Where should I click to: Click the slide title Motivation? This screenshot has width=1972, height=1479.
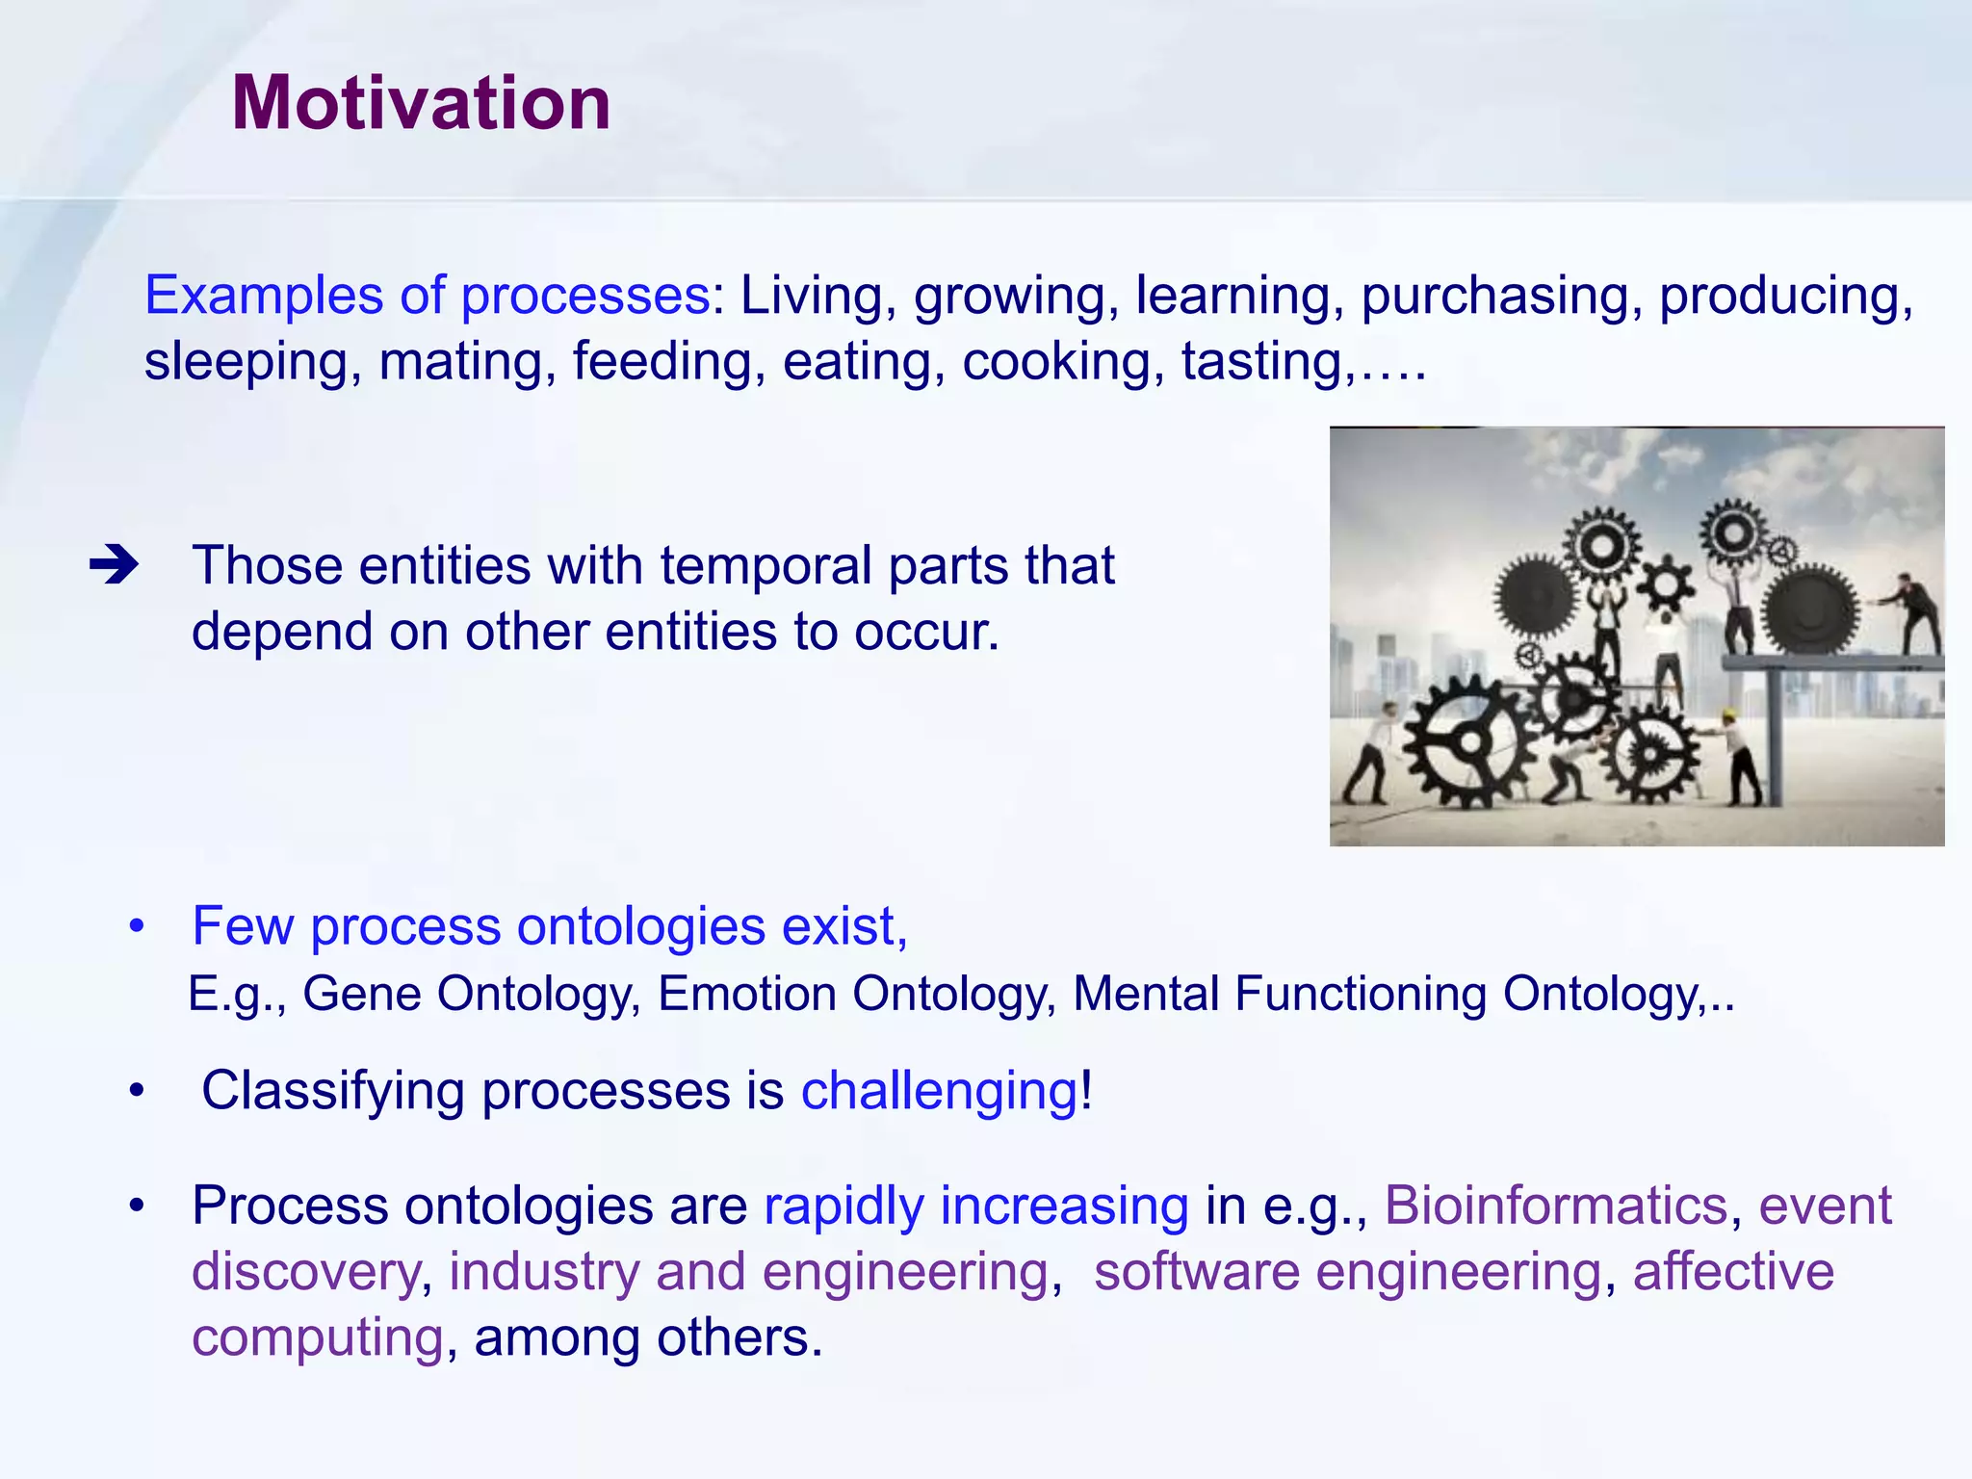pyautogui.click(x=421, y=103)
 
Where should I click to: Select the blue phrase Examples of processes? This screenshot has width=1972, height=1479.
pyautogui.click(x=427, y=296)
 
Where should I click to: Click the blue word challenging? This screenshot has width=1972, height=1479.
pyautogui.click(x=939, y=1091)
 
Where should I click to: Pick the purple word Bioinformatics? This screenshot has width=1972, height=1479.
pyautogui.click(x=1555, y=1206)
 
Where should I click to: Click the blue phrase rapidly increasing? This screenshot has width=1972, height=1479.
pyautogui.click(x=975, y=1206)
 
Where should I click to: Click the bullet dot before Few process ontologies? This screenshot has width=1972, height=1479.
pyautogui.click(x=138, y=927)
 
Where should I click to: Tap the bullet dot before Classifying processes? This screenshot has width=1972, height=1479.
pyautogui.click(x=138, y=1092)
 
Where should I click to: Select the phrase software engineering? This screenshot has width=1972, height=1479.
pyautogui.click(x=1347, y=1271)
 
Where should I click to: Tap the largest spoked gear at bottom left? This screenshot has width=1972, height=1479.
pyautogui.click(x=1467, y=742)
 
